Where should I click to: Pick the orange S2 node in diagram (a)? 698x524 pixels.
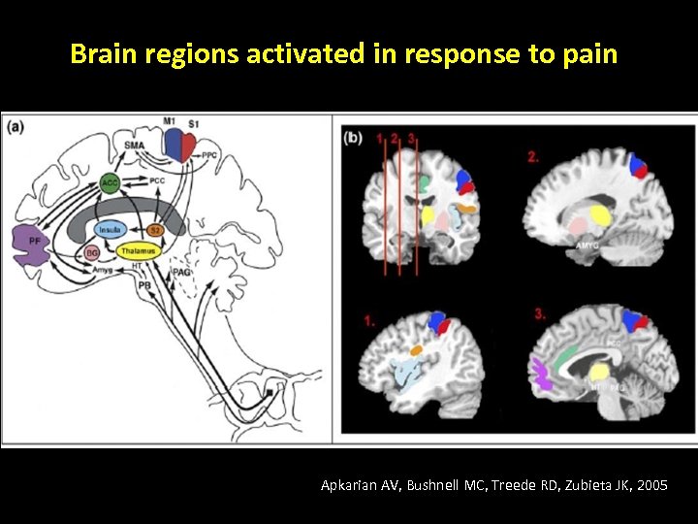pos(155,230)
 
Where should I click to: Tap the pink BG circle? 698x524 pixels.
pos(92,251)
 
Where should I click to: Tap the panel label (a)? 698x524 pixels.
pos(16,128)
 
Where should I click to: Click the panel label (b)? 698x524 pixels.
pos(354,138)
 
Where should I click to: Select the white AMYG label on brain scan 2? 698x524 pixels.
pos(587,246)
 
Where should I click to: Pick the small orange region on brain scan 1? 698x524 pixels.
pos(417,350)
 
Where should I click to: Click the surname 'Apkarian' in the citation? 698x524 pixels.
pos(349,485)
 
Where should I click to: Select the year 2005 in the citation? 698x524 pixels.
pos(650,485)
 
